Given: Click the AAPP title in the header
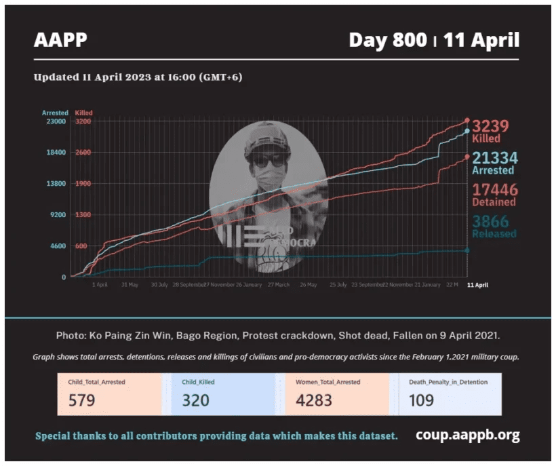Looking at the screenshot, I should click(x=60, y=40).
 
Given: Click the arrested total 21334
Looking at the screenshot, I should click(x=494, y=158).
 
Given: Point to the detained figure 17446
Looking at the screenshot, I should click(x=494, y=189).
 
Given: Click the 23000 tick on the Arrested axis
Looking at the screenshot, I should click(x=56, y=121).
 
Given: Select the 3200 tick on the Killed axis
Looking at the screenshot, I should click(x=83, y=121).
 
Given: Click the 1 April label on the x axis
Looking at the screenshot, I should click(x=100, y=285).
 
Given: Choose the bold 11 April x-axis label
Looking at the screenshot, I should click(x=477, y=285).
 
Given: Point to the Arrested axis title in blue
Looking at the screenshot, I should click(x=55, y=113).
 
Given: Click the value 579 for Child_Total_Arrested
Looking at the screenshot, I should click(x=82, y=400).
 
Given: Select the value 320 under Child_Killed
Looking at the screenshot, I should click(x=195, y=400).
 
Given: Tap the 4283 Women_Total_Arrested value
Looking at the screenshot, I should click(x=314, y=400).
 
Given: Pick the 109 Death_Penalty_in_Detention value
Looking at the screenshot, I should click(x=421, y=400).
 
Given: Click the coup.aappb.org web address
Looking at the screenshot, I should click(x=468, y=435).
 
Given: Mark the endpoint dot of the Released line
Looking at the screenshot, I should click(x=467, y=250).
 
